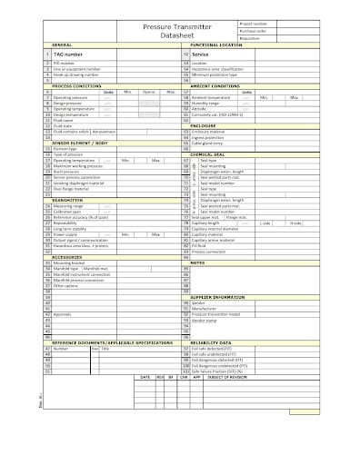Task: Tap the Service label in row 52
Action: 201,55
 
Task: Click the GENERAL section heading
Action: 64,45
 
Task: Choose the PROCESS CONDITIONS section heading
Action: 76,86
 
